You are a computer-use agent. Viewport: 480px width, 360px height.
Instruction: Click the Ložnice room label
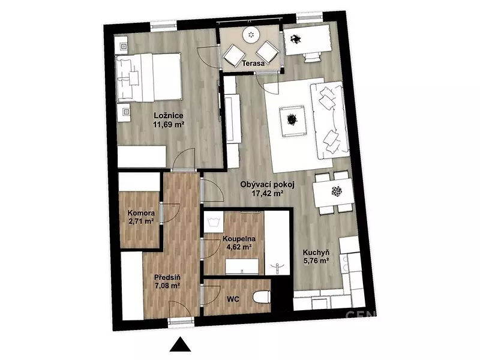click(x=169, y=116)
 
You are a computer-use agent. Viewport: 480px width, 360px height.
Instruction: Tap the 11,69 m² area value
click(x=169, y=124)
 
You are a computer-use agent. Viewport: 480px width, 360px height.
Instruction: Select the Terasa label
click(x=253, y=64)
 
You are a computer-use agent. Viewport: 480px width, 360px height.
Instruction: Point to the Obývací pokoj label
click(x=267, y=185)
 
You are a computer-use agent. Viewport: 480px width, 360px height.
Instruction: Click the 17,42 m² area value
click(x=267, y=193)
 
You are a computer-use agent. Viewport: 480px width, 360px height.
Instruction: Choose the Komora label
click(x=141, y=213)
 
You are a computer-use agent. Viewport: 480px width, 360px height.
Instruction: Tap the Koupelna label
click(x=239, y=239)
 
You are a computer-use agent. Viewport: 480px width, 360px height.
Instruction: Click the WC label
click(x=233, y=299)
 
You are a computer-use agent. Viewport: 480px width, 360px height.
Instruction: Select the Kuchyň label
click(x=316, y=253)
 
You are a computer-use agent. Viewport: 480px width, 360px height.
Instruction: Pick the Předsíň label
click(x=167, y=278)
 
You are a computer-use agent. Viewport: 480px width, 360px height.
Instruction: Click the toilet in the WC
click(x=262, y=296)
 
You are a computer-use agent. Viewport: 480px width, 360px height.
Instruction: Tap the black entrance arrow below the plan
click(x=181, y=344)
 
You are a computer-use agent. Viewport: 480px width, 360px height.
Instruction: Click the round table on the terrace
click(x=251, y=35)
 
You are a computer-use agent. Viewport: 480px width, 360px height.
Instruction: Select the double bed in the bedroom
click(x=149, y=78)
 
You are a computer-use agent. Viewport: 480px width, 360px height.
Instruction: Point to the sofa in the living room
click(x=329, y=120)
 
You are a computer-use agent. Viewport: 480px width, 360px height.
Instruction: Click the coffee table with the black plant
click(x=293, y=121)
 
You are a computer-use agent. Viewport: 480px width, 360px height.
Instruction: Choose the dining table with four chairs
click(x=334, y=193)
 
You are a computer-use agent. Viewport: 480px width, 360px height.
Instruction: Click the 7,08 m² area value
click(x=167, y=286)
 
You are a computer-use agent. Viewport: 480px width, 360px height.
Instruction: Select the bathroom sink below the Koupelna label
click(x=242, y=267)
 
